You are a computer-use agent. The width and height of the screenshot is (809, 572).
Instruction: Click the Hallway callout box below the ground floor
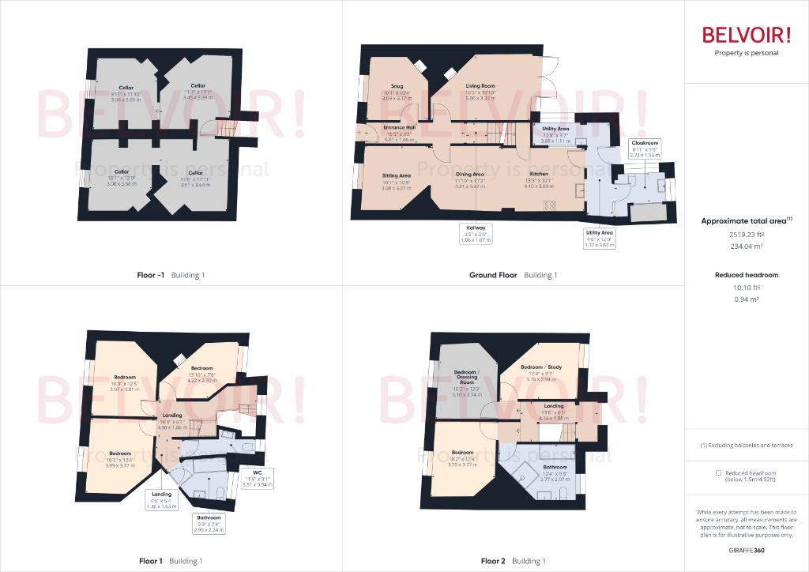click(x=476, y=233)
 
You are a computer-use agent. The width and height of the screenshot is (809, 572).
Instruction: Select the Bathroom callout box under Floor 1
click(x=209, y=523)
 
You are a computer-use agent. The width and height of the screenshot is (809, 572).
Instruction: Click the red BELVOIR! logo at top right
click(x=746, y=36)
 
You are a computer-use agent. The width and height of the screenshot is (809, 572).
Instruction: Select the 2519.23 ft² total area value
click(x=746, y=235)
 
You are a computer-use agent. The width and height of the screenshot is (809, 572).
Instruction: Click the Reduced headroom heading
click(x=746, y=275)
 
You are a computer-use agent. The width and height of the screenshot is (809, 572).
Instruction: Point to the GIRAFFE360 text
click(x=747, y=550)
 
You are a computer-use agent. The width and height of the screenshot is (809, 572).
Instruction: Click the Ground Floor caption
click(x=495, y=275)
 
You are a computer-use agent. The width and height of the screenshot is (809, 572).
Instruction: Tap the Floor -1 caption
click(x=151, y=275)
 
